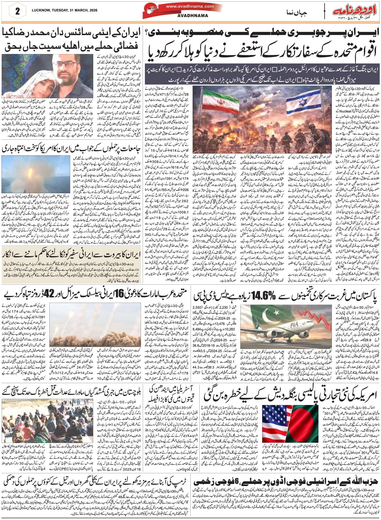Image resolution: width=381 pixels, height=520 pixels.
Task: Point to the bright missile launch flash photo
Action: (35, 174)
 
